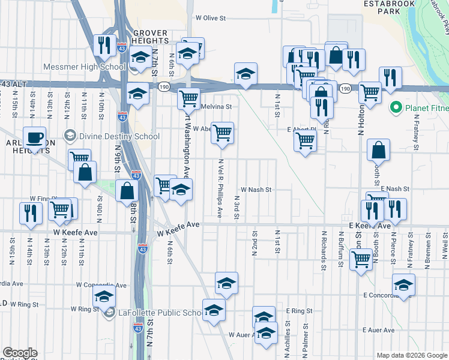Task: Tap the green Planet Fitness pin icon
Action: (396, 109)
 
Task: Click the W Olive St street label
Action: (214, 19)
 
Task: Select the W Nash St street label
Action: (257, 190)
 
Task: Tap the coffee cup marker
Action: (35, 137)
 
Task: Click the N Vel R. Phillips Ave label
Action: (221, 188)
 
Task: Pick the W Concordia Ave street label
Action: (102, 285)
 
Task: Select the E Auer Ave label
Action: (378, 330)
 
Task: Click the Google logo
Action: (20, 353)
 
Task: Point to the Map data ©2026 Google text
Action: (411, 356)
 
